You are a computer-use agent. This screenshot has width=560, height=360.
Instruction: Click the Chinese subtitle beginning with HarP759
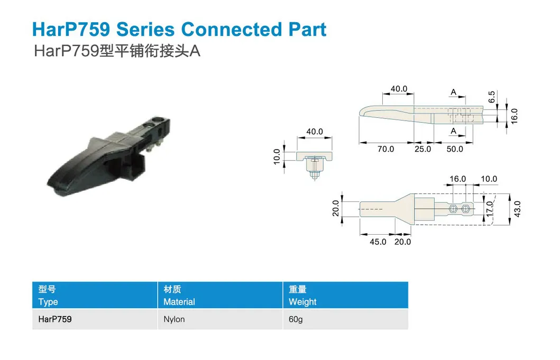(x=117, y=51)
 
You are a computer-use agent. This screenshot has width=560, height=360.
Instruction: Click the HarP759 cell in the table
(x=55, y=319)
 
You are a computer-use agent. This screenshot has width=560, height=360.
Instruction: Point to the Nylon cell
(x=174, y=319)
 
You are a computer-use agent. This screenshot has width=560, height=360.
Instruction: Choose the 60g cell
(x=296, y=319)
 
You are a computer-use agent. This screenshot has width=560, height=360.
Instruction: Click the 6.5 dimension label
(x=492, y=97)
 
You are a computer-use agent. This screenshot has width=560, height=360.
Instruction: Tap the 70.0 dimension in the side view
(x=385, y=149)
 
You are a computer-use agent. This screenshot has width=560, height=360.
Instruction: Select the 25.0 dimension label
(x=423, y=149)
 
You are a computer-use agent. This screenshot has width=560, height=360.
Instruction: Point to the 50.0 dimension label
(x=455, y=149)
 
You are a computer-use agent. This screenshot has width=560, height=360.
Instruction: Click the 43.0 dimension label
(x=517, y=209)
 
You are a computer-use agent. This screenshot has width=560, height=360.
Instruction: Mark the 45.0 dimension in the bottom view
(x=378, y=242)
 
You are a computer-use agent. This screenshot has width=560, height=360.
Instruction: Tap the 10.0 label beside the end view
(x=277, y=157)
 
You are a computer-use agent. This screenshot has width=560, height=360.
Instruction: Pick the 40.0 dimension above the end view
(x=315, y=132)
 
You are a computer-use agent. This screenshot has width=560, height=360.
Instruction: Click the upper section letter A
(x=454, y=92)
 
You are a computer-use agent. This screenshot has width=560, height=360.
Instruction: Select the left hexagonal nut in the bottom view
(x=453, y=209)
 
